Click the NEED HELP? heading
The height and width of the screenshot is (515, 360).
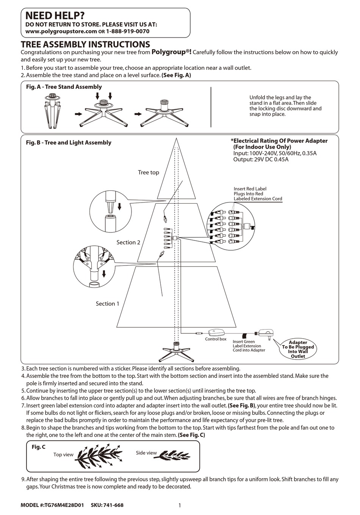(55, 16)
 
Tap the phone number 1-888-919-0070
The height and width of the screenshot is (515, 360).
(127, 31)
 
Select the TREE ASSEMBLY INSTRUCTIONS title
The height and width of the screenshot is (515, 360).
(85, 44)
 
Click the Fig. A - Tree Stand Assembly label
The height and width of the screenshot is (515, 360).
(64, 87)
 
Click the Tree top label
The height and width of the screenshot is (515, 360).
(148, 173)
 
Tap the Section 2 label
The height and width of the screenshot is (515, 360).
(128, 242)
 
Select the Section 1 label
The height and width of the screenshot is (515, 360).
(107, 304)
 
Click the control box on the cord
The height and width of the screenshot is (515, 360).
(216, 333)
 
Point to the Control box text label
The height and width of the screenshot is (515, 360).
(216, 339)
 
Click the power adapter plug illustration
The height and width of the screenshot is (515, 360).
(266, 333)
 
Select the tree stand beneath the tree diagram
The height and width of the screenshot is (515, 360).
(176, 351)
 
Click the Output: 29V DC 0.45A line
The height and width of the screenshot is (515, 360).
(261, 160)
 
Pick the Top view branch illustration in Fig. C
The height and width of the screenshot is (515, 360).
(99, 453)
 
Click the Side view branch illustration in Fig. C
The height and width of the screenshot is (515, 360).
(174, 454)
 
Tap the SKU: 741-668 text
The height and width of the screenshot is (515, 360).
(107, 505)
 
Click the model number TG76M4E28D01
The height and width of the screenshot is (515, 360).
(64, 505)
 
